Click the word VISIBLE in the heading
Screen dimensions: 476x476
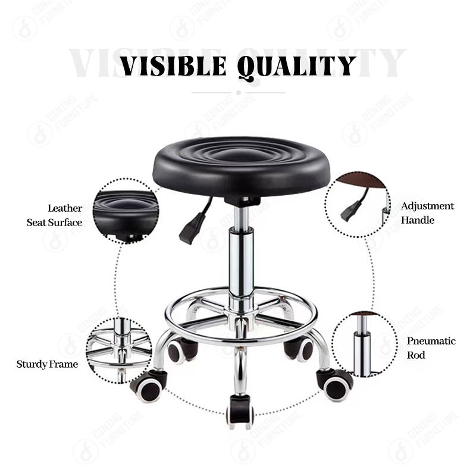click(x=174, y=65)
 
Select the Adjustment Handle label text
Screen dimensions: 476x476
click(x=427, y=213)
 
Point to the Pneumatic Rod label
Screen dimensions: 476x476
click(x=431, y=348)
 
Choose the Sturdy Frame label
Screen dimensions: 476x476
click(x=47, y=364)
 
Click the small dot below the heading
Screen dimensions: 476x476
click(x=239, y=93)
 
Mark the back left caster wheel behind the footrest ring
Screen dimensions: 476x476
click(x=180, y=350)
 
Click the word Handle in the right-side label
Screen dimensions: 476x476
click(x=417, y=220)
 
